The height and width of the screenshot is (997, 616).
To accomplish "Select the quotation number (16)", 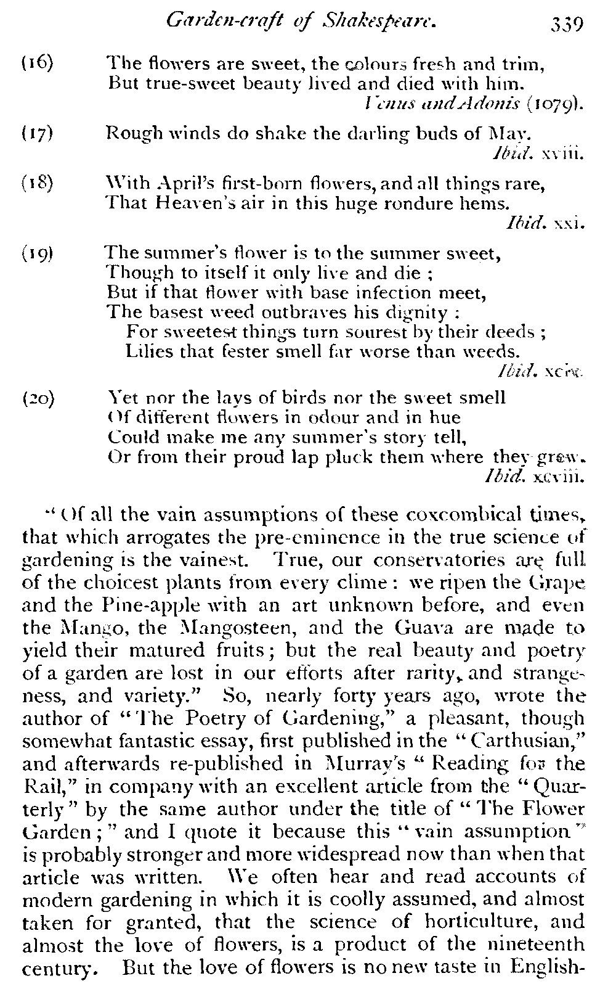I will pos(37,62).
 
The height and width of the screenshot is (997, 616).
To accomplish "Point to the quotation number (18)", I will pos(37,183).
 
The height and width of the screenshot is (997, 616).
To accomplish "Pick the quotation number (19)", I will pos(37,253).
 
